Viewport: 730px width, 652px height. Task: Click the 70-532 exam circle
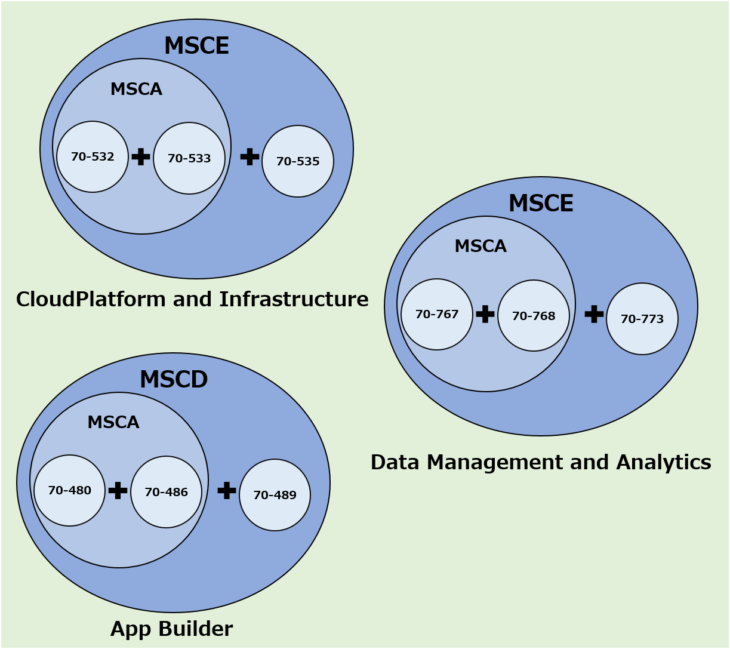pyautogui.click(x=93, y=157)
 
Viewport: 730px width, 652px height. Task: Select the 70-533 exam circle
pyautogui.click(x=189, y=158)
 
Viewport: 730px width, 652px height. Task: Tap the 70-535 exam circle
pyautogui.click(x=298, y=161)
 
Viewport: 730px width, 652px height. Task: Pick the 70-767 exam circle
pyautogui.click(x=437, y=314)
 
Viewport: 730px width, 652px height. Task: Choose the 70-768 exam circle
pyautogui.click(x=534, y=316)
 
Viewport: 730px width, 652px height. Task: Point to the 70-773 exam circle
pyautogui.click(x=642, y=319)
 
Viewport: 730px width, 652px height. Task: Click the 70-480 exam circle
pyautogui.click(x=70, y=490)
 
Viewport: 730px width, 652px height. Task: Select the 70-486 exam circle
pyautogui.click(x=167, y=492)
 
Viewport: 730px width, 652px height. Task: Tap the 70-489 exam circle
pyautogui.click(x=275, y=495)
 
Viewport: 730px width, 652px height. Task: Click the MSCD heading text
pyautogui.click(x=174, y=380)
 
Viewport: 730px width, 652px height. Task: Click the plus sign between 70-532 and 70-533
pyautogui.click(x=141, y=156)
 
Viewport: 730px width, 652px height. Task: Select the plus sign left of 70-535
pyautogui.click(x=250, y=156)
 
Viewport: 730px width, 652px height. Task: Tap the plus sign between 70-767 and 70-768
pyautogui.click(x=485, y=313)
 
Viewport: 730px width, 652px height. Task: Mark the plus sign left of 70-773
pyautogui.click(x=594, y=313)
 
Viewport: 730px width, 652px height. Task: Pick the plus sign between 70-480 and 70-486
pyautogui.click(x=118, y=490)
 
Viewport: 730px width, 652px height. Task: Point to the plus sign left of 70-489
pyautogui.click(x=227, y=490)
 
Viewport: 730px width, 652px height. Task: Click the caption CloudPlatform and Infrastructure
pyautogui.click(x=192, y=299)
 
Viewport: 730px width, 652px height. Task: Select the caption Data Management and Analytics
pyautogui.click(x=541, y=462)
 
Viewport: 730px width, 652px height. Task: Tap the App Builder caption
pyautogui.click(x=171, y=629)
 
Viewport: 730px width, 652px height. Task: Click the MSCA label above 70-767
pyautogui.click(x=480, y=246)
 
